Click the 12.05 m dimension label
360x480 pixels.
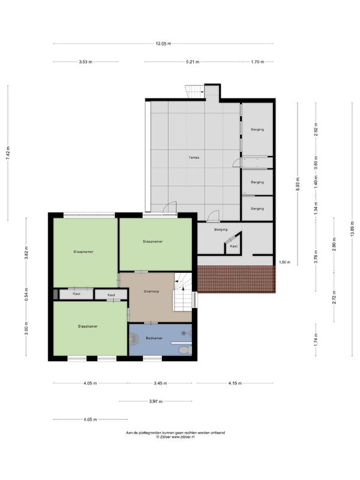pos(163,44)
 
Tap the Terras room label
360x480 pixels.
pos(194,158)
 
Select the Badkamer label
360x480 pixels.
pos(154,338)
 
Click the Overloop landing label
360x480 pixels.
pos(151,292)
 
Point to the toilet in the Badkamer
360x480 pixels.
pos(185,350)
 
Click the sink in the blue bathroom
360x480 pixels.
pos(133,339)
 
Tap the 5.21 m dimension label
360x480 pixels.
pos(193,62)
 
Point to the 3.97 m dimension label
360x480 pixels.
pos(156,401)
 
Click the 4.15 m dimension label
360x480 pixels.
pos(235,383)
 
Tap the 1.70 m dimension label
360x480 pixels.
pos(257,62)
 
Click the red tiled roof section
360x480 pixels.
pos(236,279)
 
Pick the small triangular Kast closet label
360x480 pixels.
pos(233,246)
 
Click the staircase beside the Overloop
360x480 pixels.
pos(183,292)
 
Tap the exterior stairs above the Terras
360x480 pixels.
pos(194,92)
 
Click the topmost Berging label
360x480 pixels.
pos(257,130)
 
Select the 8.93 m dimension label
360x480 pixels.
pos(298,184)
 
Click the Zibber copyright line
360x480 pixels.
pos(175,437)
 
